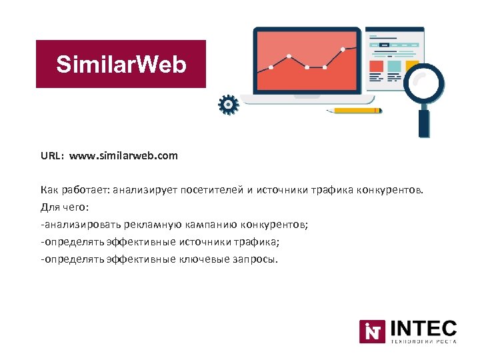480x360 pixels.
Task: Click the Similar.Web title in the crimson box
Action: (121, 65)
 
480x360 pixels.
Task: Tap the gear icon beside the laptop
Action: (228, 105)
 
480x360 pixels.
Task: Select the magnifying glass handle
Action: (424, 123)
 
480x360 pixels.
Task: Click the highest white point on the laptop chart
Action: (343, 49)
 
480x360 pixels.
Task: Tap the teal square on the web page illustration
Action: (395, 67)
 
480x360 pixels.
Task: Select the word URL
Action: (51, 156)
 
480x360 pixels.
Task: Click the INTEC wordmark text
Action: (423, 328)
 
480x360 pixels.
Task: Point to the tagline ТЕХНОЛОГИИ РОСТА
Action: (423, 341)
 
